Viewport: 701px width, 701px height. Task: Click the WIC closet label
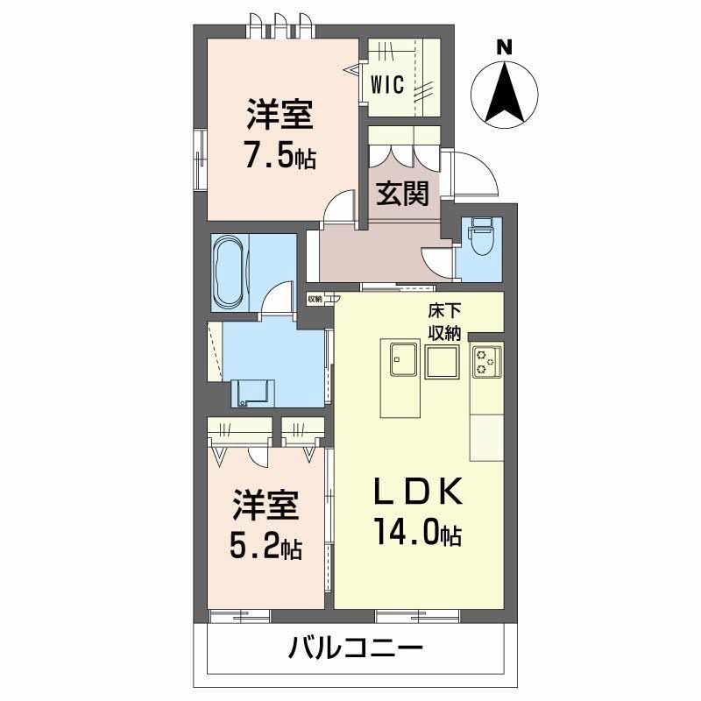[x=386, y=85]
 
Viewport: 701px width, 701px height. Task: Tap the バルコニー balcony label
[x=356, y=649]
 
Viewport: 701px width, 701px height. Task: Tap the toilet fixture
[x=481, y=235]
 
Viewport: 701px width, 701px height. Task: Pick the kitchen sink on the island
[x=402, y=358]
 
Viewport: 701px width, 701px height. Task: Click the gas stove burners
[x=486, y=361]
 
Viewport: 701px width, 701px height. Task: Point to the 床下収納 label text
[x=445, y=320]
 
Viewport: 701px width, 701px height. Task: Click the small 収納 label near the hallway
[x=314, y=299]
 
